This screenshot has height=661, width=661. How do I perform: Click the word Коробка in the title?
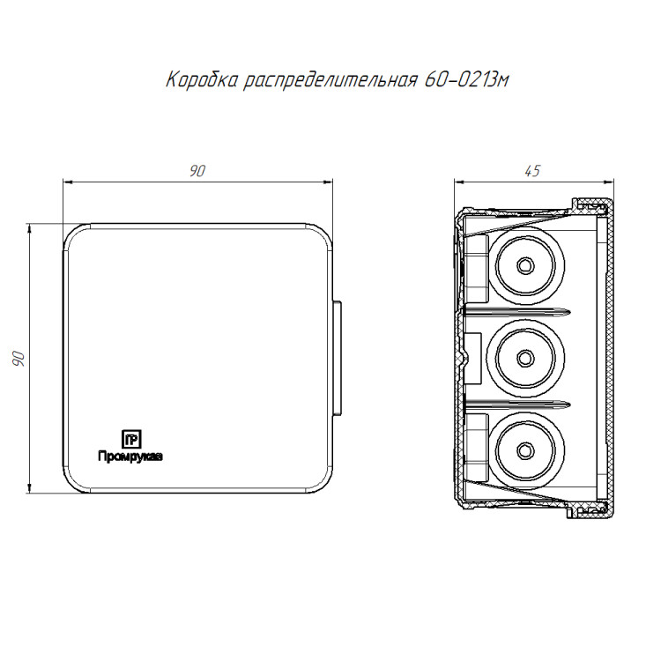tap(202, 79)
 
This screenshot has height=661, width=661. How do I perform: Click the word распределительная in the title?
tap(330, 80)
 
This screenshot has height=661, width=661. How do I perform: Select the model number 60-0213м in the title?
tap(466, 79)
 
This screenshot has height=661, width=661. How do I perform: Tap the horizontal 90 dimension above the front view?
tap(197, 171)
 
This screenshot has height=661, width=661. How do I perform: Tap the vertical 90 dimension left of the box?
tap(19, 359)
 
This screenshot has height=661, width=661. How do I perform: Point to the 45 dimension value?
tap(532, 171)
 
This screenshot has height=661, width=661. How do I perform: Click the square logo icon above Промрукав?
tap(131, 439)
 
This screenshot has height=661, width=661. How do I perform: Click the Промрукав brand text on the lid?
tap(130, 457)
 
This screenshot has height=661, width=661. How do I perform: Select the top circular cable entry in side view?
tap(525, 265)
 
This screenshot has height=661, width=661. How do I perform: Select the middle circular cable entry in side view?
tap(525, 358)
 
